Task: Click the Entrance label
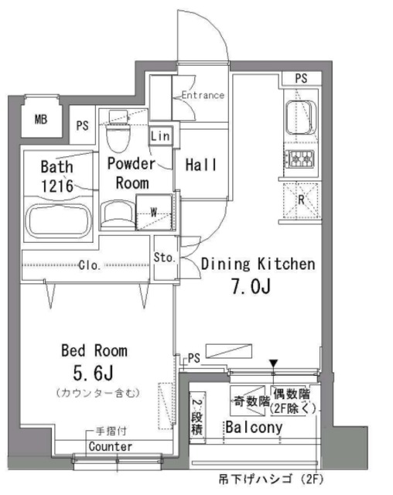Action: [x=202, y=96]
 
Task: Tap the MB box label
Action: [x=40, y=119]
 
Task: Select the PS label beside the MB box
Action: [x=82, y=126]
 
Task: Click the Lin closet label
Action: [x=160, y=136]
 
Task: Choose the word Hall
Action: [x=200, y=165]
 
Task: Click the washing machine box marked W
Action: [x=153, y=210]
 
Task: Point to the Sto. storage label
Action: [x=162, y=258]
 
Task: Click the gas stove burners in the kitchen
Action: [x=300, y=159]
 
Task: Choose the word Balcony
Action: [x=254, y=427]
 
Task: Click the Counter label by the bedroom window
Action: [x=110, y=447]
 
